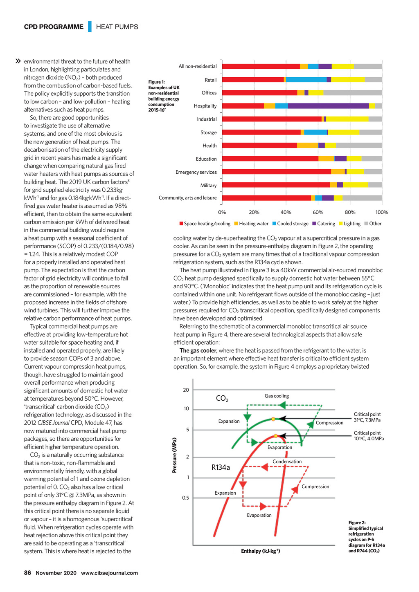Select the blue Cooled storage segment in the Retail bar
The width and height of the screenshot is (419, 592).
pos(306,80)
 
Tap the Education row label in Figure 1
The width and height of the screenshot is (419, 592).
pos(206,159)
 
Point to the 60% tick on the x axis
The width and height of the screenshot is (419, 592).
pos(318,212)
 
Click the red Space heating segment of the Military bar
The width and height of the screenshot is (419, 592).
pos(276,185)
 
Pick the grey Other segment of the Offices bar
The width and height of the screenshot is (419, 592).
pos(352,93)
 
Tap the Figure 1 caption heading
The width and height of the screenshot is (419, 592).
pos(157,82)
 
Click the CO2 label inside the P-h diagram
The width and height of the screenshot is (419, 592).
pos(222,399)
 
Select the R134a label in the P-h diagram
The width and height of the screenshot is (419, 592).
pos(221,467)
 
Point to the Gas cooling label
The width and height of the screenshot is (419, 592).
pos(277,396)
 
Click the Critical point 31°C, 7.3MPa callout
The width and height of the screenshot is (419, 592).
pos(367,417)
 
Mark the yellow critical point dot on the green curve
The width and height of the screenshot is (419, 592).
pos(273,419)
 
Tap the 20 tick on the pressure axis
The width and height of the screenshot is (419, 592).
pos(186,390)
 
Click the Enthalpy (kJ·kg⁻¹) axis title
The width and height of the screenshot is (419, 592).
pos(261,551)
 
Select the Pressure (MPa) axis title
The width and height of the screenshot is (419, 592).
pos(175,455)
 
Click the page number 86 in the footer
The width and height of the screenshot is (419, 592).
pos(27,573)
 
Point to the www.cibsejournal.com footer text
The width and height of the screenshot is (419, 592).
pos(109,573)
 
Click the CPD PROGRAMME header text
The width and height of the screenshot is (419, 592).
pos(54,27)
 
